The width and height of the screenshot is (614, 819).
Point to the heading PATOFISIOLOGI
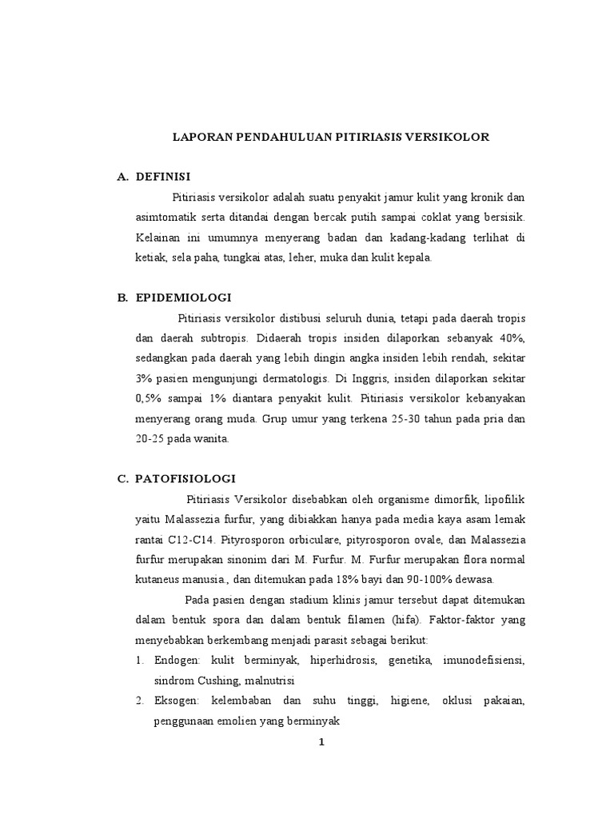click(185, 478)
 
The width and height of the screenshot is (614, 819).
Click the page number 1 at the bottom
click(321, 742)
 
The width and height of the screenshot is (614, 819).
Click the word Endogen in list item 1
click(178, 661)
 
